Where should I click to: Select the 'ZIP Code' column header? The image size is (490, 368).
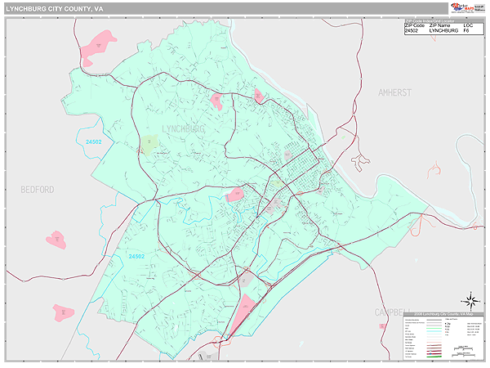pyautogui.click(x=415, y=25)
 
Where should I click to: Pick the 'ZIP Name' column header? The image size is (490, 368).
pyautogui.click(x=440, y=25)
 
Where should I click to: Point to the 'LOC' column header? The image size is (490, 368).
pyautogui.click(x=468, y=25)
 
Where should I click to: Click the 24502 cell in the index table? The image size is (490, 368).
pyautogui.click(x=412, y=31)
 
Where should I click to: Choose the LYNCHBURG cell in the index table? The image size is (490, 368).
pyautogui.click(x=443, y=31)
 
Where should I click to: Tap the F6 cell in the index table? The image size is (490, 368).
pyautogui.click(x=467, y=31)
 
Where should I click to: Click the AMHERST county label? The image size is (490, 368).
pyautogui.click(x=395, y=93)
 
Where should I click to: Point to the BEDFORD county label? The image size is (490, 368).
pyautogui.click(x=38, y=189)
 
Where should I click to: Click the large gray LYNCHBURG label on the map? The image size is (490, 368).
pyautogui.click(x=183, y=129)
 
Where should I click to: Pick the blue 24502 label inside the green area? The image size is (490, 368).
pyautogui.click(x=136, y=257)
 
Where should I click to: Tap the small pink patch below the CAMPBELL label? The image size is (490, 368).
pyautogui.click(x=382, y=325)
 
